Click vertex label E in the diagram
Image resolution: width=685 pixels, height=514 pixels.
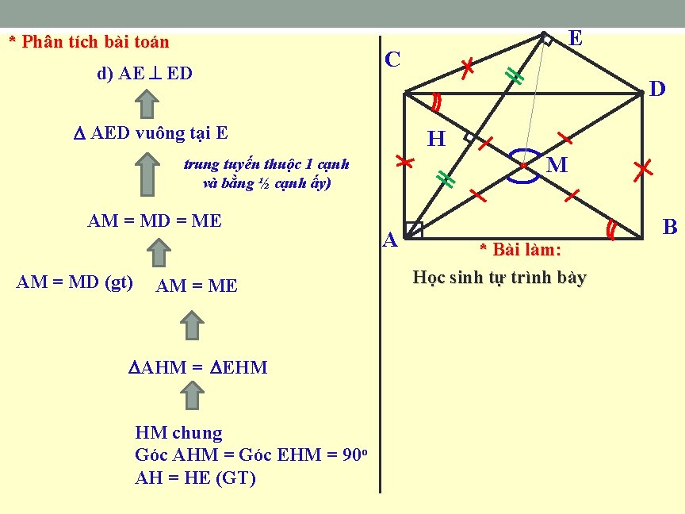tap(576, 38)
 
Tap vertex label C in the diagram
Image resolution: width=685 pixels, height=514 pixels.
tap(392, 59)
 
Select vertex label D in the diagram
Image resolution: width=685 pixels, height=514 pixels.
tap(657, 90)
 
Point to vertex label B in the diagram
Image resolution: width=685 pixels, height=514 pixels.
tap(670, 228)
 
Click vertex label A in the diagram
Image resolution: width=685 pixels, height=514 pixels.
tap(390, 239)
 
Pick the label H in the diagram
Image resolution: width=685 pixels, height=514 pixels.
tap(436, 140)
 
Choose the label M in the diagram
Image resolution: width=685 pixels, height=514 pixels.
tap(557, 166)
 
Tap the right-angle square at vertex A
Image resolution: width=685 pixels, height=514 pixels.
tap(413, 230)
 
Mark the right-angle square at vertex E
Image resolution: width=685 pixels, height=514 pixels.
tap(546, 39)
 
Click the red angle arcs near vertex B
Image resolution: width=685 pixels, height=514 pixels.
tap(611, 229)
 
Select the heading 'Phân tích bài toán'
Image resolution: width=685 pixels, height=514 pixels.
tap(89, 41)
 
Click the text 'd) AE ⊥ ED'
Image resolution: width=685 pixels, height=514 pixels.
tap(144, 74)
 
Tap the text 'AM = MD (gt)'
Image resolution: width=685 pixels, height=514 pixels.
tap(75, 282)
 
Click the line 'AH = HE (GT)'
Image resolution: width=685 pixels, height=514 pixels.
tap(196, 478)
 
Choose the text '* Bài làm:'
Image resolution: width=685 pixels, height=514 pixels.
tap(520, 251)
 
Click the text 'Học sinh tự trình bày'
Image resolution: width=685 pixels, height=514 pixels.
tap(499, 278)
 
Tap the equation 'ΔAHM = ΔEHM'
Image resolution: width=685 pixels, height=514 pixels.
tap(198, 367)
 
